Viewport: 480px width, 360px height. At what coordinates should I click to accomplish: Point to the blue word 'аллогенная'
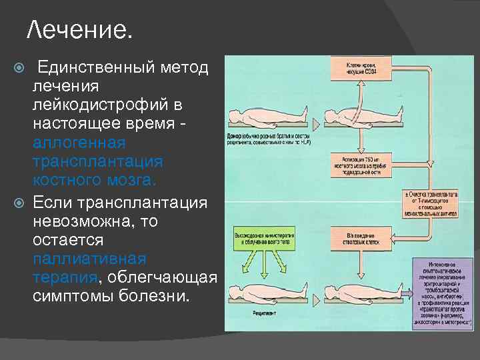[x=79, y=143]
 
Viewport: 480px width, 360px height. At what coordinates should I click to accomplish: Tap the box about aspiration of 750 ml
[x=361, y=163]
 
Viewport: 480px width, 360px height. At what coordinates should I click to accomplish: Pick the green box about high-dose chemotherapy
[x=264, y=240]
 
